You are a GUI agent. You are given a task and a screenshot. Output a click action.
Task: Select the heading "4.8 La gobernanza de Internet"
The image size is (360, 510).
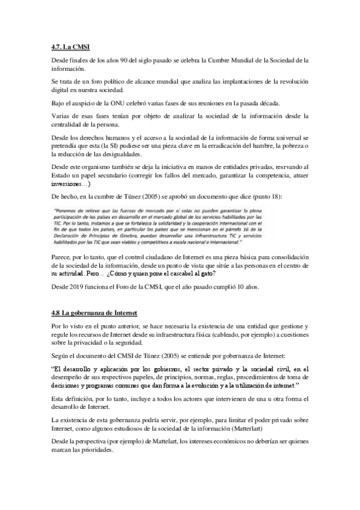click(x=94, y=313)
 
